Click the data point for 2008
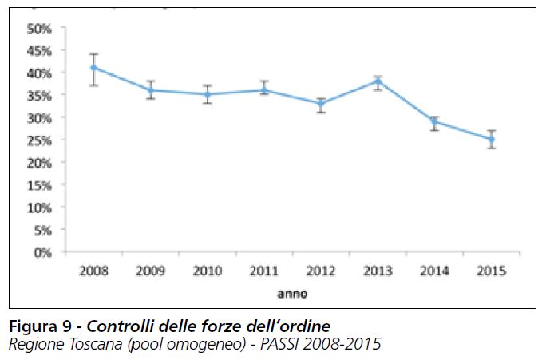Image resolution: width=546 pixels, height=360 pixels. pyautogui.click(x=93, y=68)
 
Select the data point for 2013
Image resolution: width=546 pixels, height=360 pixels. pyautogui.click(x=378, y=81)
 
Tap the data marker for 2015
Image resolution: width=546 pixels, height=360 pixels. pyautogui.click(x=492, y=140)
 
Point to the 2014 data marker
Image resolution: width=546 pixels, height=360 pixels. pyautogui.click(x=434, y=121)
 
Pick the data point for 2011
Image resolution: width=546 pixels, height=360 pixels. pyautogui.click(x=264, y=90)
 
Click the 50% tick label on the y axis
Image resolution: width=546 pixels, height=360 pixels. pyautogui.click(x=39, y=28)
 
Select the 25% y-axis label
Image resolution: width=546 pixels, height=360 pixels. pyautogui.click(x=39, y=140)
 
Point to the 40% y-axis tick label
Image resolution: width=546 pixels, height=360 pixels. pyautogui.click(x=39, y=73)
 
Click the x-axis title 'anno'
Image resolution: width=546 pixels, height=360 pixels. pyautogui.click(x=292, y=293)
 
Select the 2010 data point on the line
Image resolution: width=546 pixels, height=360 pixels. pyautogui.click(x=207, y=94)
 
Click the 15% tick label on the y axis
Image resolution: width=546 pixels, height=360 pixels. pyautogui.click(x=39, y=184)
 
